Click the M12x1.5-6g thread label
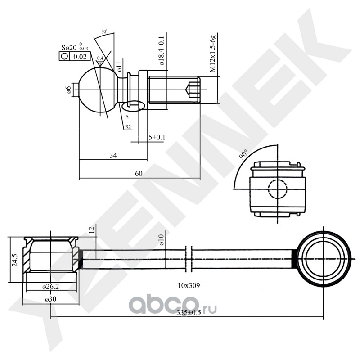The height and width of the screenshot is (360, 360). point(213,54)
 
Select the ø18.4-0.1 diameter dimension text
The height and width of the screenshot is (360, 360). point(162,50)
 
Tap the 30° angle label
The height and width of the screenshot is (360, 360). point(104,32)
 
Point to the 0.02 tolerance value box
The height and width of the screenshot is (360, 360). point(80,57)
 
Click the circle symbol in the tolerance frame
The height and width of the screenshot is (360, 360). point(64,56)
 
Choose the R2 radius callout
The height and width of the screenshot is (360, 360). point(128,126)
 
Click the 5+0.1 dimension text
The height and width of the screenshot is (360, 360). point(157,137)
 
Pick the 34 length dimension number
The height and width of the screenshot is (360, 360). point(113,155)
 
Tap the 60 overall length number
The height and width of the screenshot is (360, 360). point(139,174)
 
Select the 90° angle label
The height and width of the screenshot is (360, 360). point(243,154)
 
